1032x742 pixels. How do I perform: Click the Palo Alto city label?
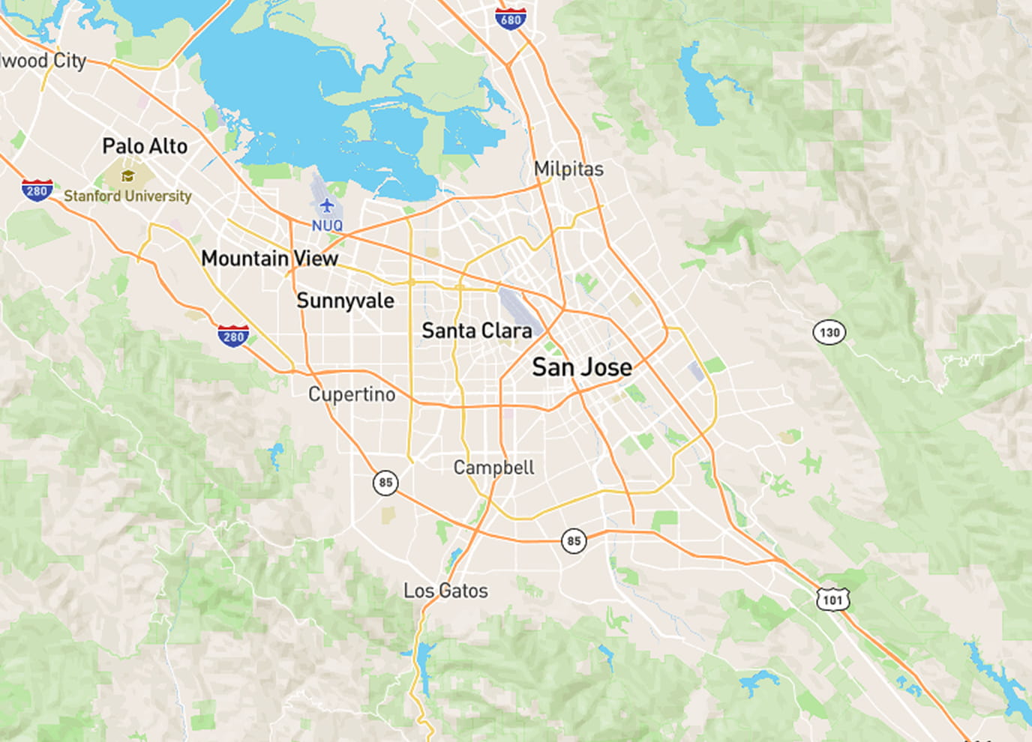[145, 146]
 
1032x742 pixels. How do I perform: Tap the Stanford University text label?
[127, 196]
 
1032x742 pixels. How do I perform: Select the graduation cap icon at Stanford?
[127, 176]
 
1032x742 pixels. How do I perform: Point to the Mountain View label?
[270, 259]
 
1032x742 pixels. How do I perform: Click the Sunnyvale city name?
[345, 301]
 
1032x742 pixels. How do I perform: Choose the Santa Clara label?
[476, 331]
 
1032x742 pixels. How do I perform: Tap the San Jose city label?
[582, 367]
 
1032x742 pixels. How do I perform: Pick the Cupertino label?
[352, 394]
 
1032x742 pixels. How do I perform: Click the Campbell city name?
[493, 468]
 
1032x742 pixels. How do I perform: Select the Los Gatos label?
[445, 591]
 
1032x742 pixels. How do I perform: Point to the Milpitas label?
[568, 169]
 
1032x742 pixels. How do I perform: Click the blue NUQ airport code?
[327, 226]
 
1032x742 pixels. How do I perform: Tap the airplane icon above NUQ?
[326, 206]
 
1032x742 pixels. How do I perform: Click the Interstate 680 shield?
[511, 19]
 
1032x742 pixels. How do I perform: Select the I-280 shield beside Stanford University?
[37, 190]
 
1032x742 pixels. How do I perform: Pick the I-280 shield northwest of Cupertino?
[233, 336]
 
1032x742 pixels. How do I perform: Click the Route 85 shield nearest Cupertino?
[385, 483]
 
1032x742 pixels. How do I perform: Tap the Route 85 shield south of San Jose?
[574, 541]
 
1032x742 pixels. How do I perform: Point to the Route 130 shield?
[829, 332]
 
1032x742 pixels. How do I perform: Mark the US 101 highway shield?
[832, 599]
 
